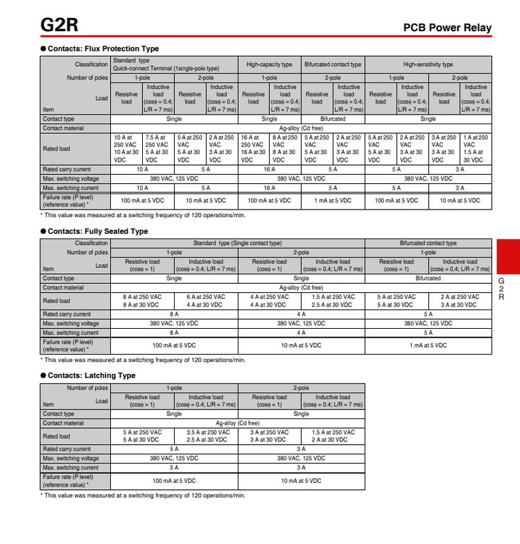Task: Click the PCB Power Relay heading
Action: (447, 28)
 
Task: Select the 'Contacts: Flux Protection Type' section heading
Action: (103, 49)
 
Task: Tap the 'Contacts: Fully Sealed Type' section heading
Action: (98, 231)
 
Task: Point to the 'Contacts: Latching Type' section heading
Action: (92, 375)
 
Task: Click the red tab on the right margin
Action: (508, 257)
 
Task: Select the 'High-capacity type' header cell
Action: (269, 65)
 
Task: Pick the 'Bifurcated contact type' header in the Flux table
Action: (333, 65)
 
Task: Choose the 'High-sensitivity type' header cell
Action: (428, 65)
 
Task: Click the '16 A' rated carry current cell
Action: (269, 169)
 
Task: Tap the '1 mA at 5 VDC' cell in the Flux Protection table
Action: (333, 200)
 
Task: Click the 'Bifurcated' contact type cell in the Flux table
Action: (333, 119)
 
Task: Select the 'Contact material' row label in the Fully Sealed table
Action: (63, 287)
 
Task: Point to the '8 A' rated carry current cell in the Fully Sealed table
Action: (174, 314)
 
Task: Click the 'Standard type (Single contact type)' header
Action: (238, 243)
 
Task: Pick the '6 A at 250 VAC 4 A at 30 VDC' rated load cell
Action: (206, 300)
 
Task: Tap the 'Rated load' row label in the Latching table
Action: (56, 436)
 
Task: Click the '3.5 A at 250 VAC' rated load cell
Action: (206, 436)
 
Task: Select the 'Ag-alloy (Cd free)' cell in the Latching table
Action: (238, 423)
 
